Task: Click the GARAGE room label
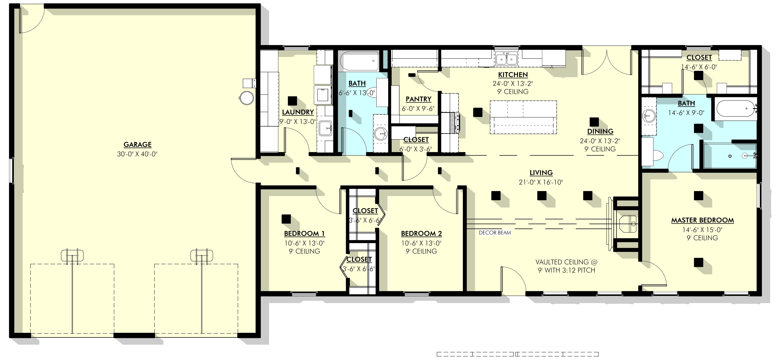tap(137, 144)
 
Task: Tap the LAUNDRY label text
tap(298, 112)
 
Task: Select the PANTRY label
tap(418, 99)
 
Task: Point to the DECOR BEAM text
tap(495, 233)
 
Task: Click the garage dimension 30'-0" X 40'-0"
tap(137, 154)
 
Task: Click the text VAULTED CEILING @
tap(566, 262)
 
